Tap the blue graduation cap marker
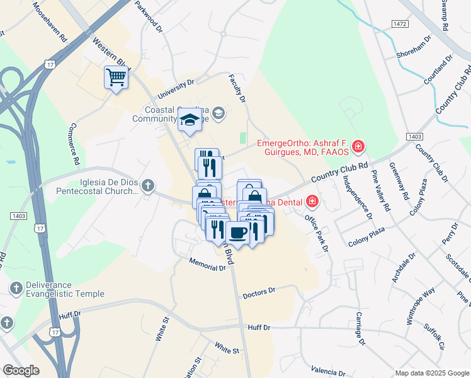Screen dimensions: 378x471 [x=189, y=119]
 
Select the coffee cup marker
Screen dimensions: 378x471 [x=237, y=233]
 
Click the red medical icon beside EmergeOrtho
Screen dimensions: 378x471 [x=358, y=147]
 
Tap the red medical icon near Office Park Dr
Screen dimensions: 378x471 [x=312, y=202]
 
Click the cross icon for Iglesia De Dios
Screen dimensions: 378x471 [x=147, y=185]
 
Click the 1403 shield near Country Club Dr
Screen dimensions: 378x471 [x=414, y=135]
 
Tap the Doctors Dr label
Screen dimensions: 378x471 [x=259, y=292]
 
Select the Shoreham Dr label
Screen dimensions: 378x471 [x=414, y=47]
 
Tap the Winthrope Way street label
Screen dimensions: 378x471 [x=421, y=305]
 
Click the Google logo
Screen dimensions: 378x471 [x=20, y=370]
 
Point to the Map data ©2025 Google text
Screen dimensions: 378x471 [x=431, y=373]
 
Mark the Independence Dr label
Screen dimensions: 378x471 [x=357, y=195]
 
